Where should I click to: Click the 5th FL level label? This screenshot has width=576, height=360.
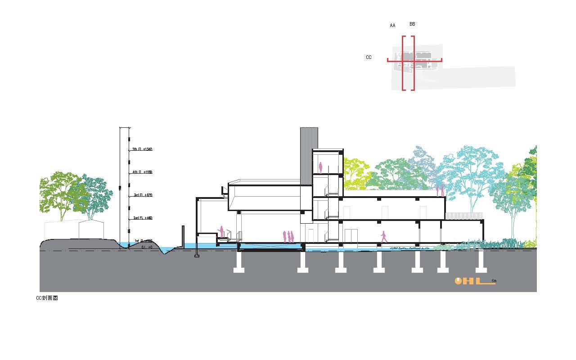click(143, 149)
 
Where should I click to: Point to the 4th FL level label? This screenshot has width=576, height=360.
click(143, 172)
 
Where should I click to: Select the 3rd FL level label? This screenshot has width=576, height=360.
click(143, 195)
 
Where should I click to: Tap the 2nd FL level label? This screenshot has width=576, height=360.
click(143, 218)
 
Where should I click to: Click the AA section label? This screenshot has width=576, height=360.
click(392, 26)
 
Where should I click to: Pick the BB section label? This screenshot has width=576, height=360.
click(412, 24)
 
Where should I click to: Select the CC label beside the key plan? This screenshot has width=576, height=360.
click(369, 58)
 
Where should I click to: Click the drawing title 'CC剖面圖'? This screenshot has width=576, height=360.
click(47, 298)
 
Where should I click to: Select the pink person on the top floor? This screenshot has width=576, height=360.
click(320, 167)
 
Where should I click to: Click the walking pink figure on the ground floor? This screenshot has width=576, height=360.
click(383, 237)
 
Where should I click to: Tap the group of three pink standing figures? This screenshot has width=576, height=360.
click(288, 237)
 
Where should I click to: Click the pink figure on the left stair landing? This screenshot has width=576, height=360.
click(221, 232)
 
